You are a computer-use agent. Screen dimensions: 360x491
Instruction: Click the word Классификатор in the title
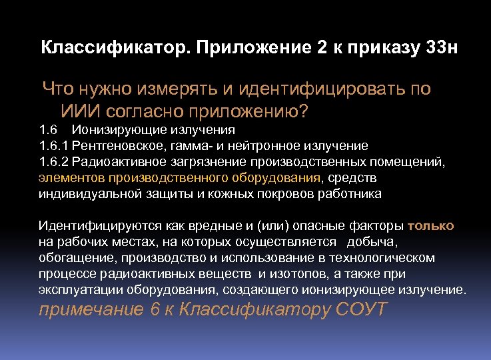point(113,49)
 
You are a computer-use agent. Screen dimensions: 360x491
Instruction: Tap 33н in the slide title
point(440,49)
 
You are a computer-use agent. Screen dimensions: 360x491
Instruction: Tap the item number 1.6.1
point(55,145)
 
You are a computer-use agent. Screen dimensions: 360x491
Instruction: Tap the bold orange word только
point(430,225)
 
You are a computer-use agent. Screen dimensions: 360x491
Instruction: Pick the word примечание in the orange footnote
point(91,310)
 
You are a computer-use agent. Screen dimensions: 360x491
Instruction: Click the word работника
point(349,193)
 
